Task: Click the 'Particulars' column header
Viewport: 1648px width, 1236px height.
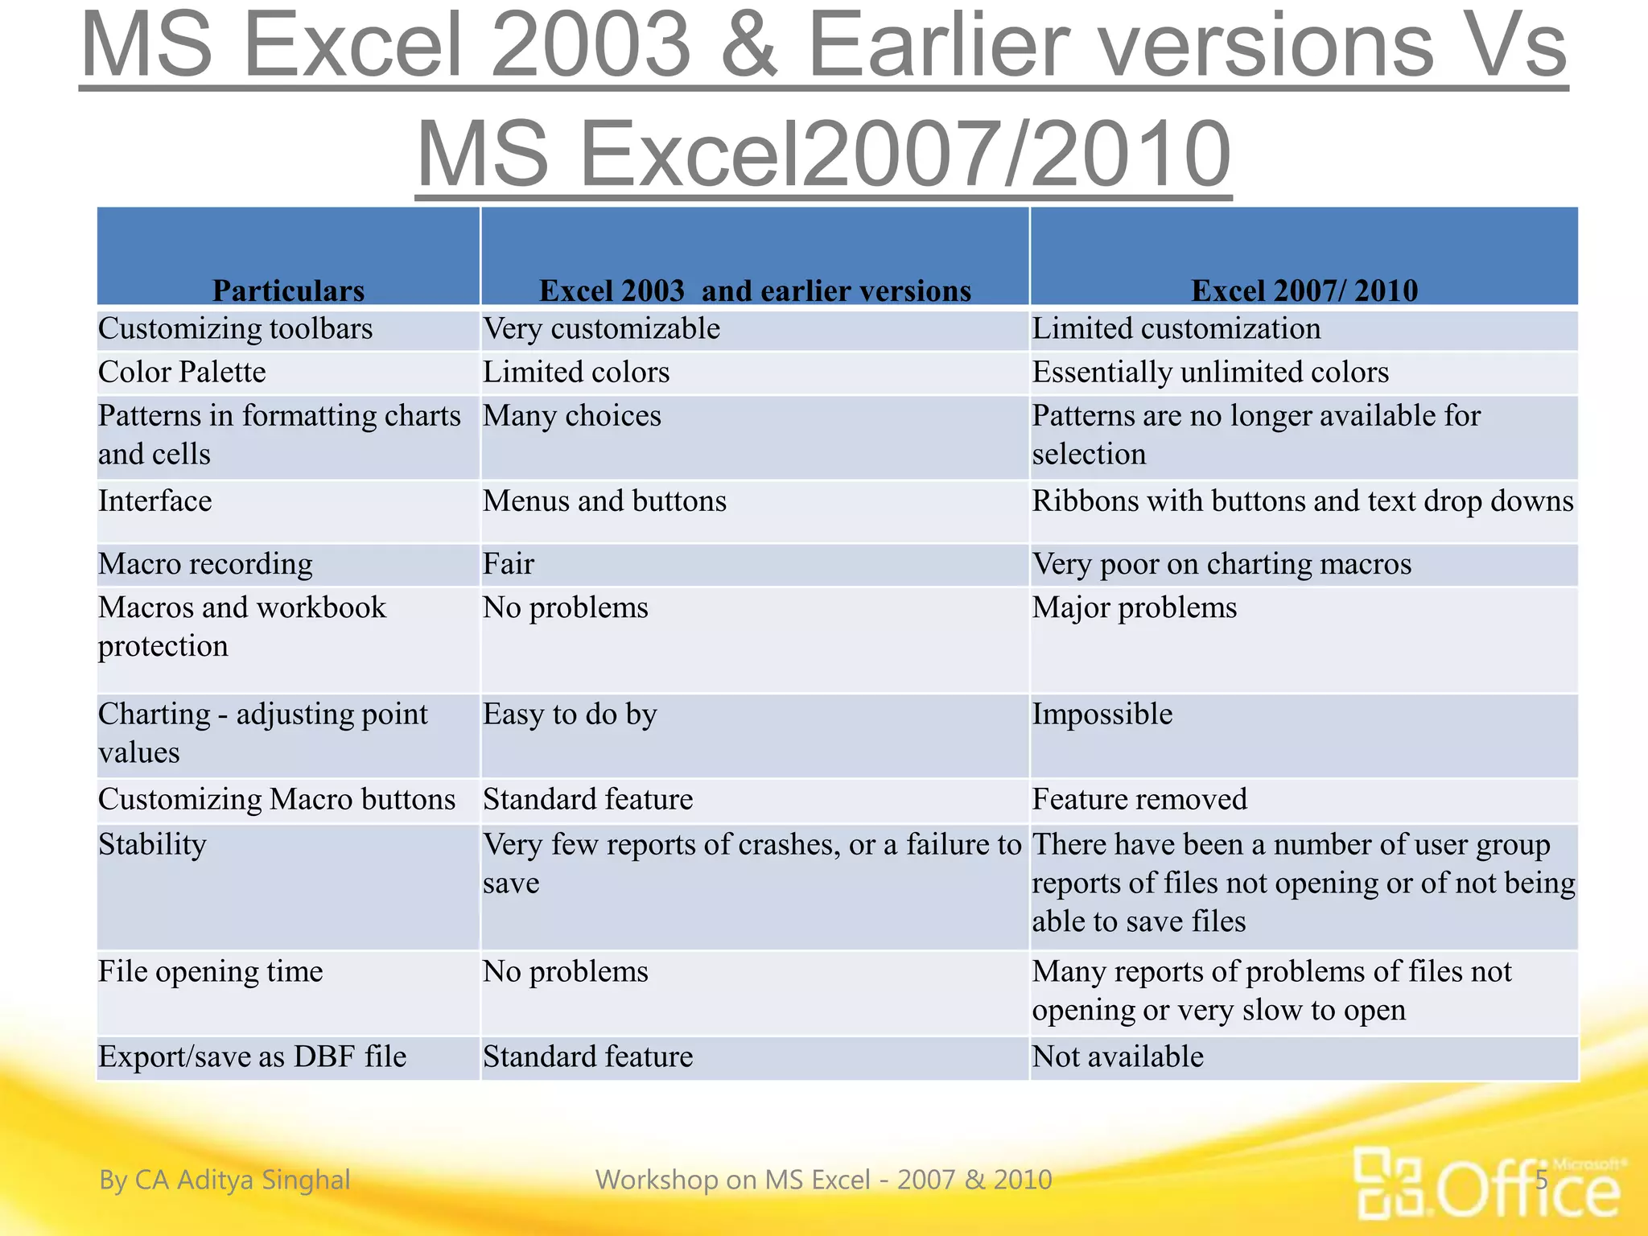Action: click(288, 290)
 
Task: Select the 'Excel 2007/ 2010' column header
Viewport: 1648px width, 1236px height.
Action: click(1304, 290)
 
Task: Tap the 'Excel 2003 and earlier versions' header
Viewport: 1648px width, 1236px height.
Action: click(755, 290)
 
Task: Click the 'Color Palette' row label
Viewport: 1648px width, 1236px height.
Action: click(182, 372)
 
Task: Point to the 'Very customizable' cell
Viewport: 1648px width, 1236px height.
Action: click(601, 328)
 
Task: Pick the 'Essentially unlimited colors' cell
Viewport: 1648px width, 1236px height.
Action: click(1210, 372)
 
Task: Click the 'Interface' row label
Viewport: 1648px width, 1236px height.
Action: click(155, 501)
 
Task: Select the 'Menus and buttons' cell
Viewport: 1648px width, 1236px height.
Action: click(604, 501)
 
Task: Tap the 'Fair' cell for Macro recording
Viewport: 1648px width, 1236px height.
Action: click(509, 563)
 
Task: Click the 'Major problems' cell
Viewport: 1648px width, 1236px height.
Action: click(1135, 608)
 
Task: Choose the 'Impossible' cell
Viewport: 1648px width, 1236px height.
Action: click(1102, 714)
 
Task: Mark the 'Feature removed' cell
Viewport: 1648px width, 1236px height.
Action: click(1139, 799)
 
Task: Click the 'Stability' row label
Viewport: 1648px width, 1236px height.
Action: click(152, 844)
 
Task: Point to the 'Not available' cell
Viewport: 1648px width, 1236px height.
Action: click(1118, 1057)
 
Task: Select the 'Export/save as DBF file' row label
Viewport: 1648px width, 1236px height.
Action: click(252, 1057)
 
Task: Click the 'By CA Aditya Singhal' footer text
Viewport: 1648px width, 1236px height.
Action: click(225, 1180)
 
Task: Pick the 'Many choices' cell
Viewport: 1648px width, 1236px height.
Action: click(571, 416)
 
